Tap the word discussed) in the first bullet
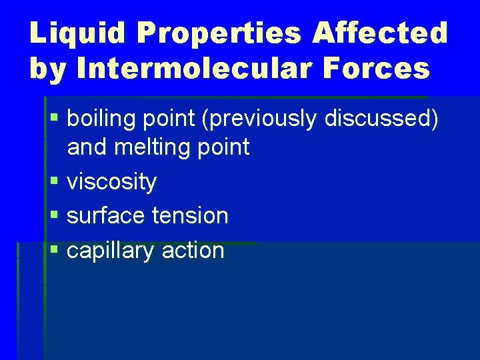click(381, 118)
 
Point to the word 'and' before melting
click(87, 147)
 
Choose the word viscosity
click(112, 181)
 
